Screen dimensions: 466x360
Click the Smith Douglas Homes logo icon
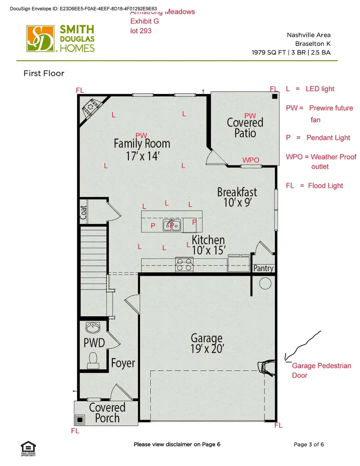point(40,38)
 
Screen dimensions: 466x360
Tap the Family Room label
point(142,149)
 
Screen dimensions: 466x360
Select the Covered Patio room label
point(245,127)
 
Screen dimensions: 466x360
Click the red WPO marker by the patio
point(251,160)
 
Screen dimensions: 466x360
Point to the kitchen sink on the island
point(172,225)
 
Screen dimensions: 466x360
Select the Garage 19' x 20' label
point(206,343)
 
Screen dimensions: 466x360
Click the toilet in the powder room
point(93,359)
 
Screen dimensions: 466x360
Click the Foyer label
point(123,363)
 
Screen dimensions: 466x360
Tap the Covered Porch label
point(107,413)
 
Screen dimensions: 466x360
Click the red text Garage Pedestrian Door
point(321,370)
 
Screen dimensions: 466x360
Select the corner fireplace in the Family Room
point(91,108)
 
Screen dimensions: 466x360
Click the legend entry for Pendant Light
point(318,138)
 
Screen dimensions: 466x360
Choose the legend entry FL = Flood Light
point(314,186)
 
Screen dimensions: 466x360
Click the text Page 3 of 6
point(309,444)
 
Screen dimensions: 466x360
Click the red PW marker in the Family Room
point(141,136)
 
